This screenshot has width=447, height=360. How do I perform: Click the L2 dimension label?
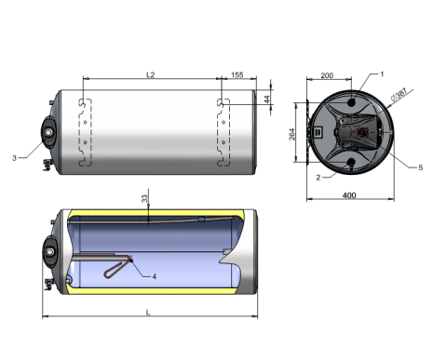pyautogui.click(x=150, y=74)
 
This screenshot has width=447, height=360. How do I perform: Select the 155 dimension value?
pyautogui.click(x=237, y=74)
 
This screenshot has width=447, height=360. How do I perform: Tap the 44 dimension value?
pyautogui.click(x=266, y=100)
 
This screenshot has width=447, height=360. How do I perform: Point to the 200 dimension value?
pyautogui.click(x=327, y=75)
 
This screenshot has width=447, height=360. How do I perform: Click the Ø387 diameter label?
pyautogui.click(x=399, y=95)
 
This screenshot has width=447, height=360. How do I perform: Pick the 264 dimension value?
pyautogui.click(x=292, y=134)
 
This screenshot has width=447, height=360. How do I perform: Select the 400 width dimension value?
pyautogui.click(x=349, y=195)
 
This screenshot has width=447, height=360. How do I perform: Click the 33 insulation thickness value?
pyautogui.click(x=144, y=199)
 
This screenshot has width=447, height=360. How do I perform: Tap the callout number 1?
pyautogui.click(x=382, y=74)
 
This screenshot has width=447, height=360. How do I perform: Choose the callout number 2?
pyautogui.click(x=318, y=178)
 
